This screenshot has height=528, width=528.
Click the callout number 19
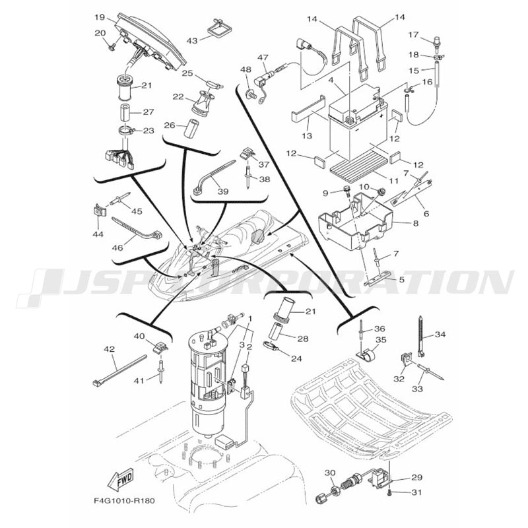100,16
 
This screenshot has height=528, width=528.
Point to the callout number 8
415,224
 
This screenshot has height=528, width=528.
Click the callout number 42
110,348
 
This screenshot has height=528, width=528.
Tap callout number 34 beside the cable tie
440,335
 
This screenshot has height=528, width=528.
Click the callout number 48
246,70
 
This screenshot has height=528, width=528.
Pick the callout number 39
222,191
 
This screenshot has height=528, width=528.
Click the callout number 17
414,34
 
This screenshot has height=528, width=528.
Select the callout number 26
170,125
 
